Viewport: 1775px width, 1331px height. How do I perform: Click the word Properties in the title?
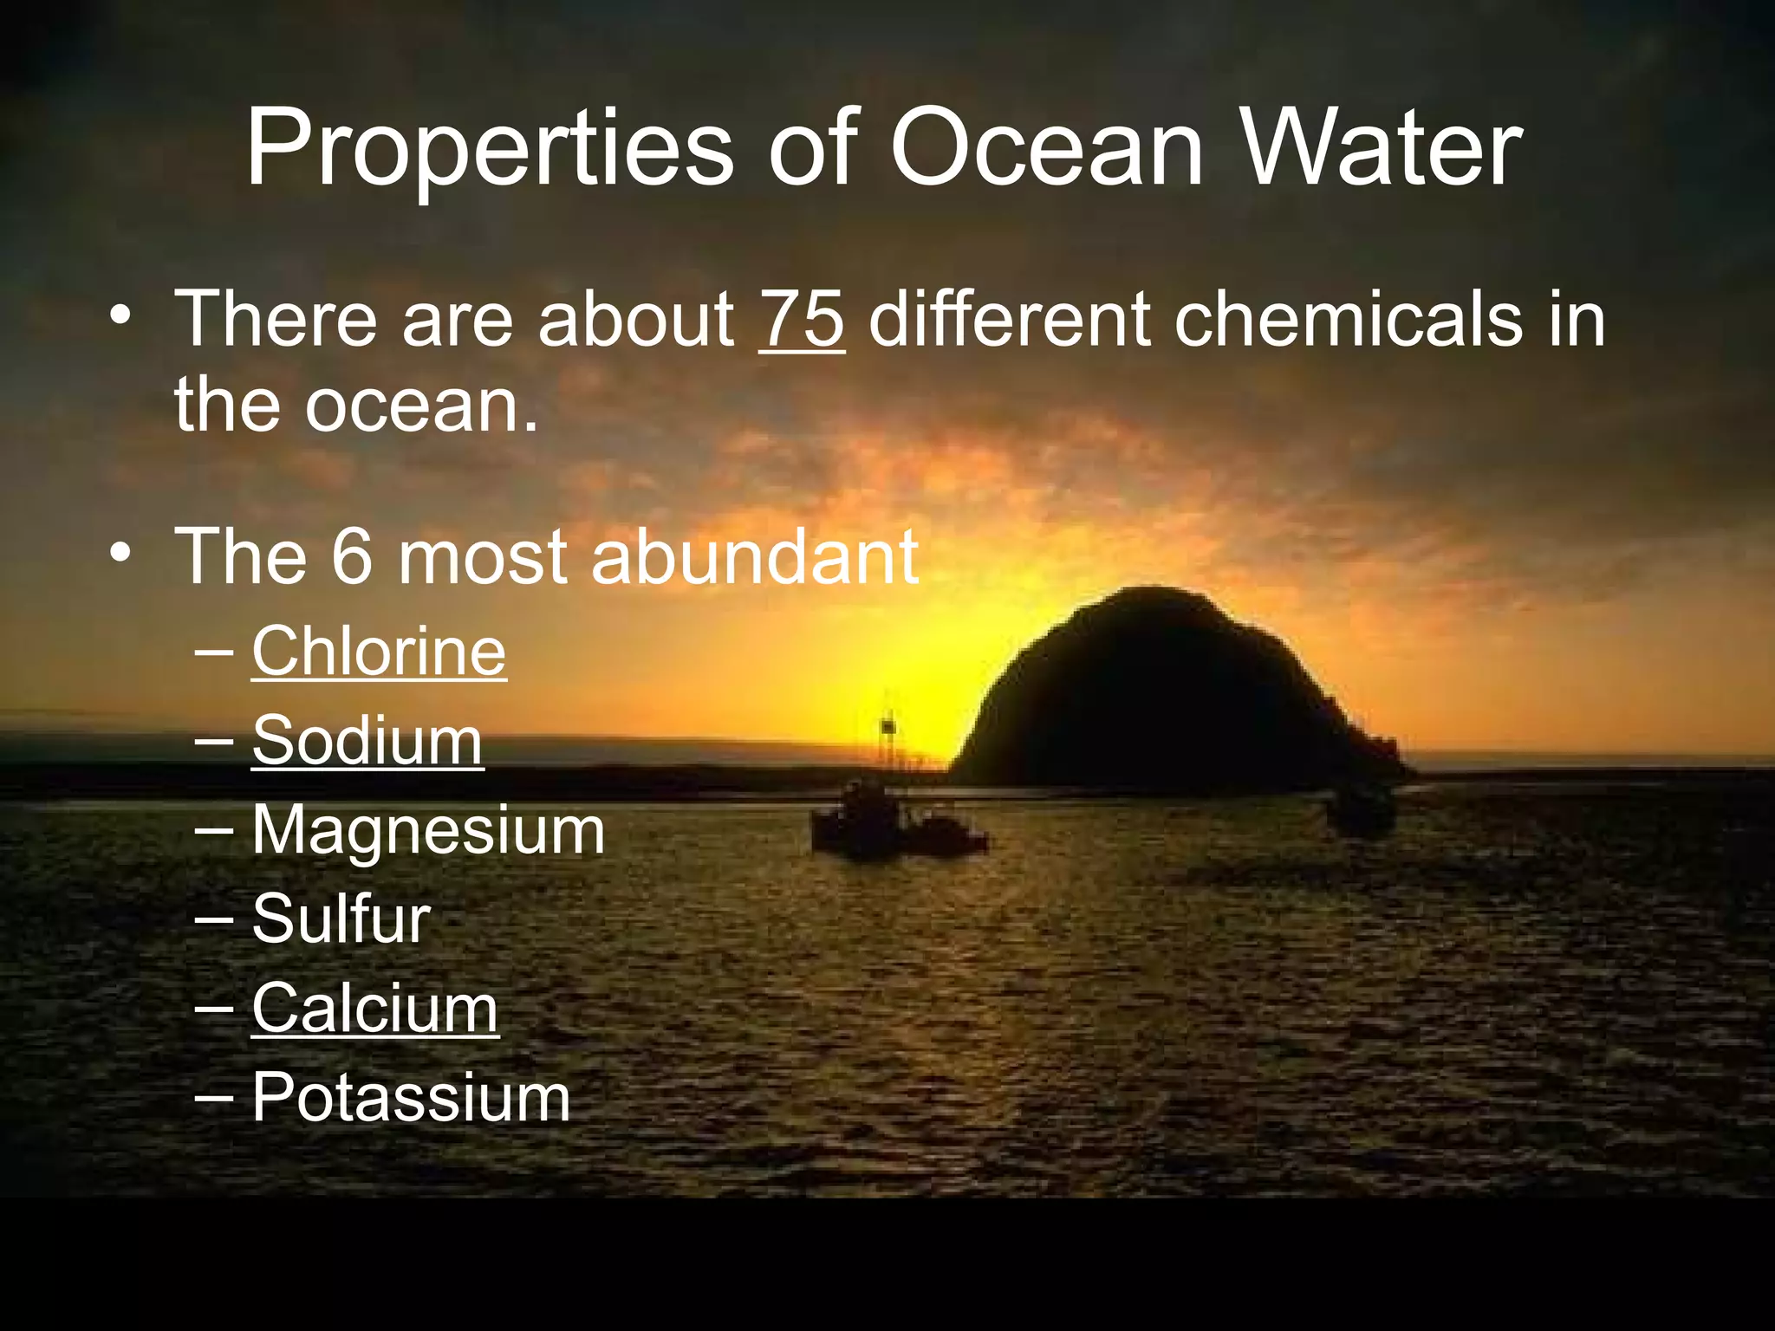coord(490,149)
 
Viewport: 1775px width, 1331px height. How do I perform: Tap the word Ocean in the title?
coord(1046,149)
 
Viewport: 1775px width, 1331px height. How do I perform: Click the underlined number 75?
coord(802,319)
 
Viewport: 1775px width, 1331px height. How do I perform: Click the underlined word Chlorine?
coord(379,651)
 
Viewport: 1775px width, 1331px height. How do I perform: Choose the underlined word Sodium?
coord(367,741)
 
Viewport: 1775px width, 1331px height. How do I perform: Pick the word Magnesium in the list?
coord(428,830)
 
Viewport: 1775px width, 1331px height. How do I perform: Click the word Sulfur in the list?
coord(341,919)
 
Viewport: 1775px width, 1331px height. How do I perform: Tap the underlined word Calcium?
coord(375,1008)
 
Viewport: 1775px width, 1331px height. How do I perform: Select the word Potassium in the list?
coord(411,1098)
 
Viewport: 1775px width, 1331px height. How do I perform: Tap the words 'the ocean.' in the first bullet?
coord(356,405)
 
